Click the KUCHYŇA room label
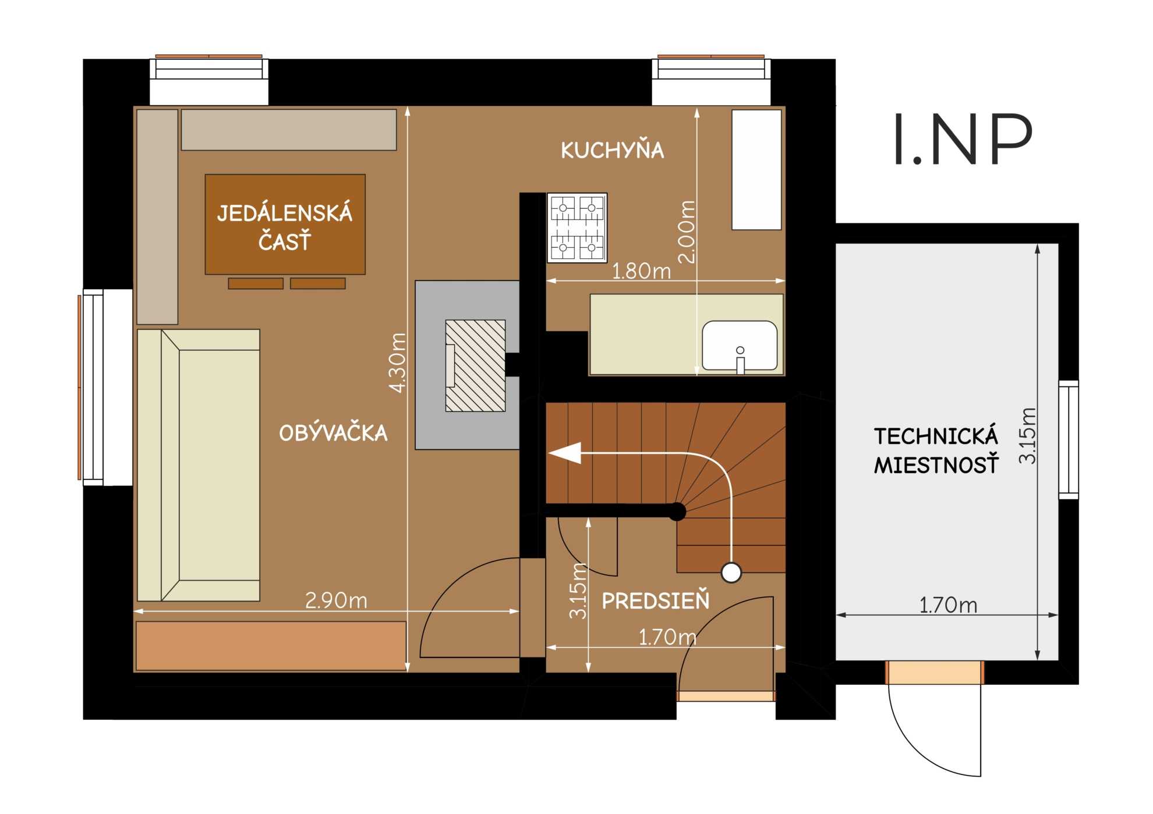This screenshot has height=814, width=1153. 612,150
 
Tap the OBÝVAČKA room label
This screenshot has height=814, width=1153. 333,432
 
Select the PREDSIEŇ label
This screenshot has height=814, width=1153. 656,600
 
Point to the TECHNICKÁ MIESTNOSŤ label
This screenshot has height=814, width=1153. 936,450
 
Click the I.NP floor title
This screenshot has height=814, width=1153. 963,139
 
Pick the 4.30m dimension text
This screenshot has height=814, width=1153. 397,362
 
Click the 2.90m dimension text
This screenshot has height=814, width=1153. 336,600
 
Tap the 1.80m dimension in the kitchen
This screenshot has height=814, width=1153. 641,271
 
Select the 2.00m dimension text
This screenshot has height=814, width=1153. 687,232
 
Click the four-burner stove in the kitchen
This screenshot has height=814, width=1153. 577,228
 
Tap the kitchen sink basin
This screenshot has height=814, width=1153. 740,346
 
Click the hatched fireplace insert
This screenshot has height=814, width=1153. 475,365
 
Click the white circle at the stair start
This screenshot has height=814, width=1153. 731,573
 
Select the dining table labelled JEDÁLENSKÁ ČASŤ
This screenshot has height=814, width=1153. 285,224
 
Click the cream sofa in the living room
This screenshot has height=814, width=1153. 199,465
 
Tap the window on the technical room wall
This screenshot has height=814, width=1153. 1069,439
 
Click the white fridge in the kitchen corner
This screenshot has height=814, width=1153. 756,169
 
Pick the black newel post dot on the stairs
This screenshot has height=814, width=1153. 677,511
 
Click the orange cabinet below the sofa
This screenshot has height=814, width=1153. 271,646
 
